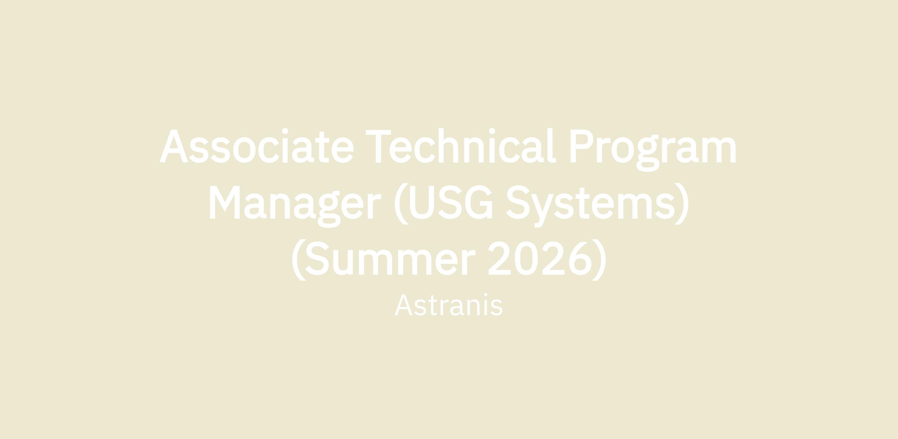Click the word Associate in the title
(257, 146)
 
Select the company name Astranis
(449, 305)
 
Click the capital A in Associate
(174, 146)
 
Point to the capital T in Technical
(378, 146)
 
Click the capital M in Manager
(224, 202)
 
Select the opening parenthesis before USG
(401, 204)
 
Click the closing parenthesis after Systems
(681, 204)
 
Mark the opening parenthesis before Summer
(299, 260)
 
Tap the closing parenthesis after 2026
(599, 260)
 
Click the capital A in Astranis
(404, 305)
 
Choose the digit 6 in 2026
(580, 258)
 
